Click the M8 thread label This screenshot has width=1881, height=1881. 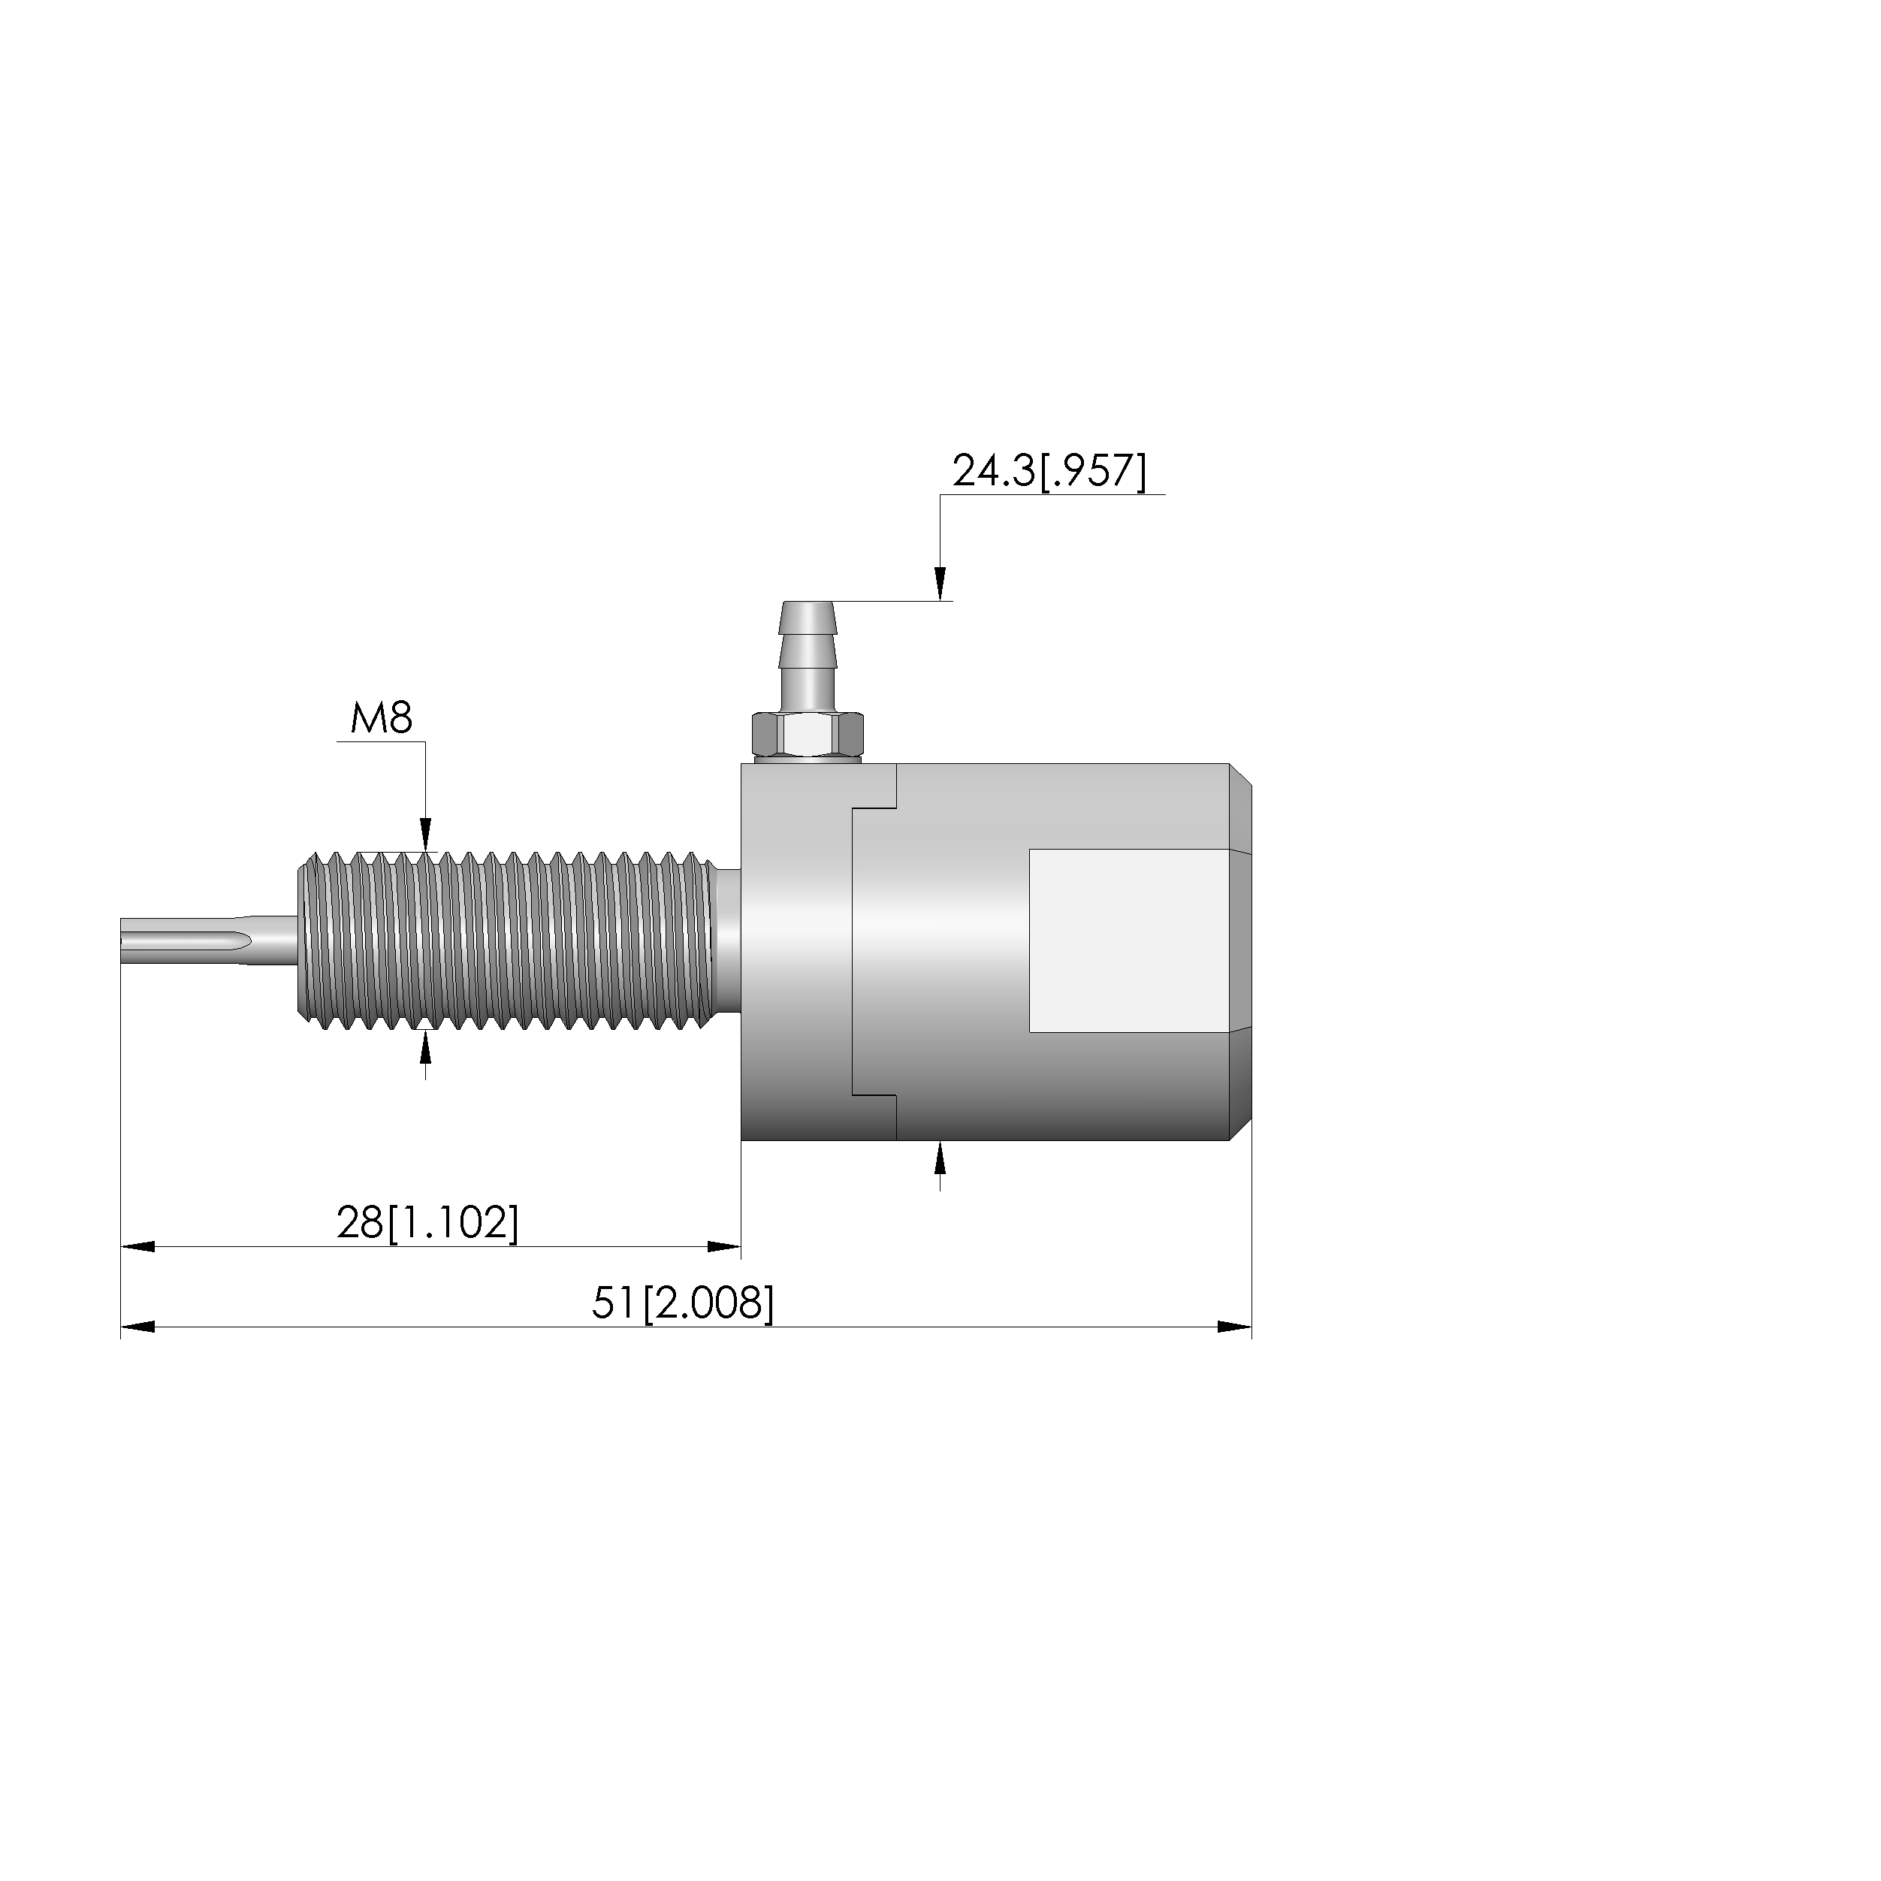[x=382, y=720]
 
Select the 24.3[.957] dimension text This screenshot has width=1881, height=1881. [x=1049, y=471]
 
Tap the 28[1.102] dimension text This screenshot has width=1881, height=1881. [x=427, y=1223]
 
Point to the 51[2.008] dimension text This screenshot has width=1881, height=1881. [x=683, y=1303]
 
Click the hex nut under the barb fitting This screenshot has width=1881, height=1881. [x=807, y=737]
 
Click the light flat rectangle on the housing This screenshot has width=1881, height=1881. [x=1128, y=940]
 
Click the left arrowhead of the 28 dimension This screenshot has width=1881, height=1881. [x=137, y=1247]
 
